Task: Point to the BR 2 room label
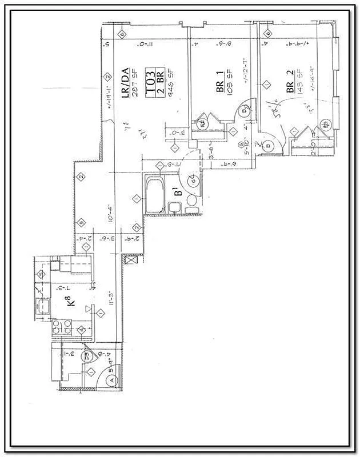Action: [291, 82]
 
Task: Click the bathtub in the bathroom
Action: [154, 194]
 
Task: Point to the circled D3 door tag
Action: [87, 357]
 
